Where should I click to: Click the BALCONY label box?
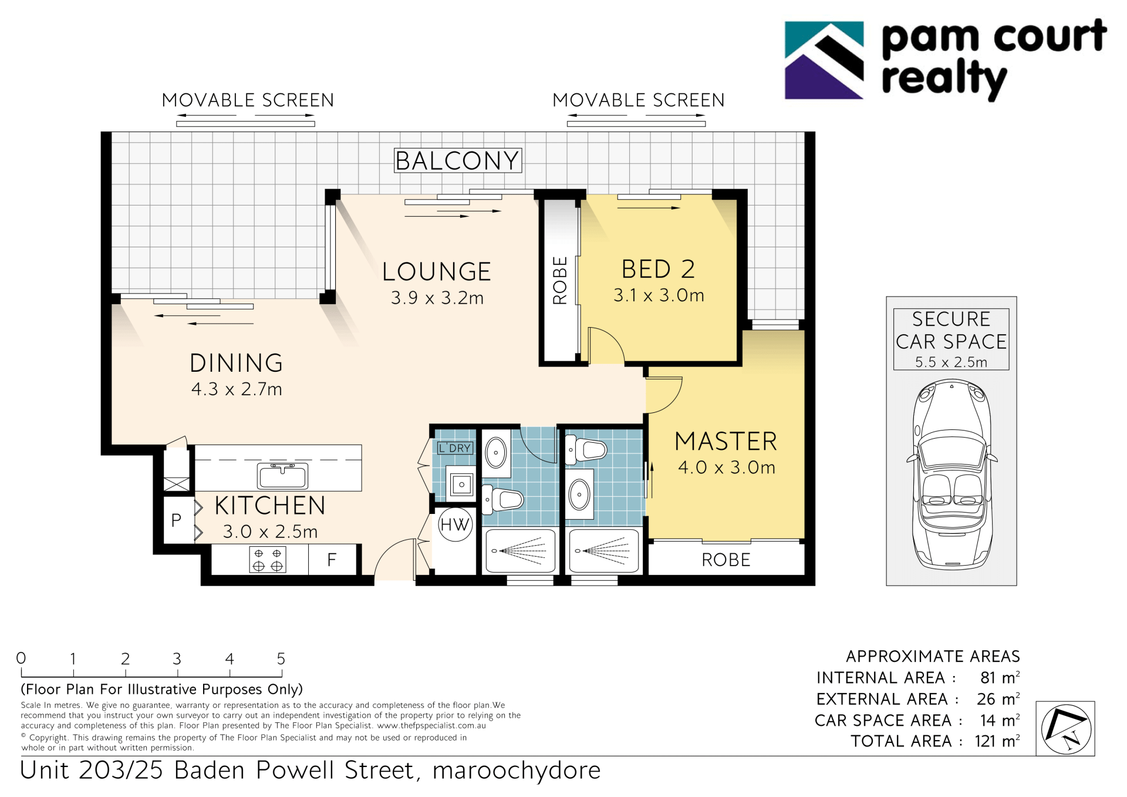click(x=458, y=160)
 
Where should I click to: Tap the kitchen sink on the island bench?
click(x=282, y=476)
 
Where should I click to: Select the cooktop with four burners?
click(x=268, y=560)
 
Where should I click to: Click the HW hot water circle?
click(x=455, y=524)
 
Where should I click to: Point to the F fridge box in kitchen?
click(x=332, y=560)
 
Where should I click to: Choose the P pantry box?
click(x=177, y=520)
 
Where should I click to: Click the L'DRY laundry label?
click(x=455, y=448)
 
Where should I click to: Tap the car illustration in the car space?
click(x=951, y=475)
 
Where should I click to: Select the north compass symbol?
click(x=1065, y=729)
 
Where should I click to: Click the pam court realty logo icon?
click(x=824, y=60)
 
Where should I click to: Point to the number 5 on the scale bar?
click(x=281, y=658)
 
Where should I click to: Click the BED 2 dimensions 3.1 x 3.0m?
click(x=659, y=295)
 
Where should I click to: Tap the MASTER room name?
click(x=726, y=441)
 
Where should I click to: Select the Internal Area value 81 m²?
click(x=1000, y=677)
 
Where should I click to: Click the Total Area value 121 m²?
click(x=997, y=741)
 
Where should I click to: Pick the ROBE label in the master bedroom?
click(x=726, y=560)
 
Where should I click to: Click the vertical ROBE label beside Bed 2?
click(x=560, y=280)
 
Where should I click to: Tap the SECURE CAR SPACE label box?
click(x=951, y=339)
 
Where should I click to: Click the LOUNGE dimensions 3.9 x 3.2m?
click(x=437, y=298)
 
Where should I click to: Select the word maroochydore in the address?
click(x=517, y=771)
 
